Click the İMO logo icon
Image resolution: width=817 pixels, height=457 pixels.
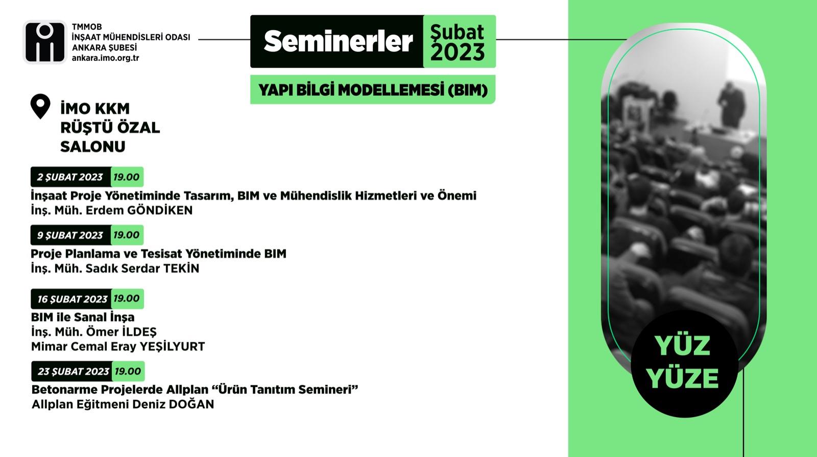tap(45, 42)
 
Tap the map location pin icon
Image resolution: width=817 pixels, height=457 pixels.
tap(40, 106)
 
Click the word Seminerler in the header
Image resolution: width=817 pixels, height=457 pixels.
tap(338, 41)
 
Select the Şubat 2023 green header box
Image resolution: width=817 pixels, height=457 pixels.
tap(459, 41)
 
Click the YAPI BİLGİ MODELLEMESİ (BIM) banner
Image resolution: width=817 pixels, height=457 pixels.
tap(373, 89)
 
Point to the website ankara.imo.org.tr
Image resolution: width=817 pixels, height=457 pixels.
tap(105, 58)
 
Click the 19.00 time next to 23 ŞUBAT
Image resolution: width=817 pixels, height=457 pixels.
tap(128, 371)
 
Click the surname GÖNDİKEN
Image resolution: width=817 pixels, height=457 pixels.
tap(159, 210)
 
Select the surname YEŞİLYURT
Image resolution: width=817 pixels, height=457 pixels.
tap(172, 347)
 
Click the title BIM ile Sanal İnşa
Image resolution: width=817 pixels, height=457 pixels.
tap(83, 317)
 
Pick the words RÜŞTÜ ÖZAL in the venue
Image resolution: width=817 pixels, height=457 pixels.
tap(110, 128)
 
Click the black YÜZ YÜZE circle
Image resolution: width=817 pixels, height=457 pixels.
tap(684, 363)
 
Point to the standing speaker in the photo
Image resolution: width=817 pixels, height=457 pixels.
tap(731, 106)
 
